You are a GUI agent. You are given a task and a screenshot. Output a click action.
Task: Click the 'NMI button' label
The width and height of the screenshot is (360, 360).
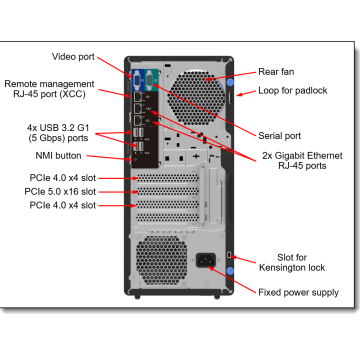(55, 157)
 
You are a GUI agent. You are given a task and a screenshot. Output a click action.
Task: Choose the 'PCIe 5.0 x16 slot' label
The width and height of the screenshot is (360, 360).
(63, 190)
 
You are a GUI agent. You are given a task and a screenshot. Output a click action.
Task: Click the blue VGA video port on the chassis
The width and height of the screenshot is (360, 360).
(137, 77)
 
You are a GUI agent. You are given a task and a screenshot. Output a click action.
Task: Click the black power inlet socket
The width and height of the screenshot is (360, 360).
(210, 263)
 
